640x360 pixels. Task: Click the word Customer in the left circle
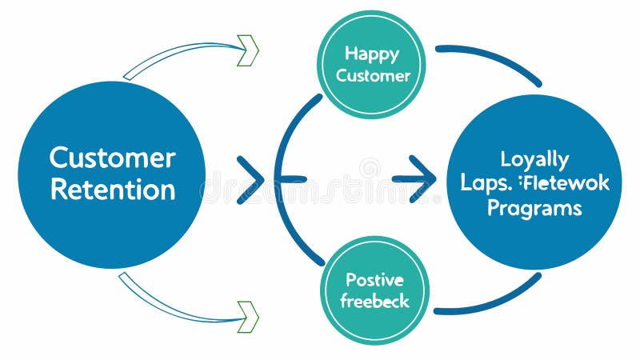coord(112,158)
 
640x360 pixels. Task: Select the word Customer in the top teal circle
coord(373,76)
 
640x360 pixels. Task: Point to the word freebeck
coord(374,302)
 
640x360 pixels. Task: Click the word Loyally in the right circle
coord(534,159)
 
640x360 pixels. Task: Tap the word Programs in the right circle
coord(534,208)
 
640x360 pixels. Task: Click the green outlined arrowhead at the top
coord(249,50)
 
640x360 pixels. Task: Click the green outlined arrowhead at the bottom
coord(249,316)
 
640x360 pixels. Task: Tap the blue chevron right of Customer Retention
coord(251,180)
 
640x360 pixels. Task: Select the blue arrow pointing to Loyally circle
coord(414,179)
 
